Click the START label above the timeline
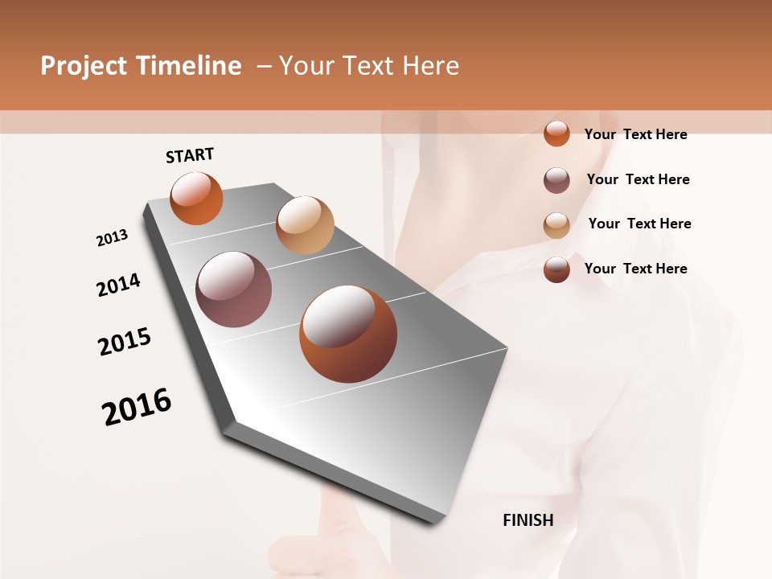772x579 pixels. (x=190, y=155)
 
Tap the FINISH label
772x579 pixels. (x=528, y=520)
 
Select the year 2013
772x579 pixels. (x=112, y=238)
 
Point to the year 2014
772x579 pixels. (x=118, y=285)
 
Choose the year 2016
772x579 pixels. (x=137, y=406)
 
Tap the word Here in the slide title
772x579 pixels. (x=430, y=66)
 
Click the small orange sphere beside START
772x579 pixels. (x=196, y=198)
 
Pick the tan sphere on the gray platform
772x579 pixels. (x=305, y=225)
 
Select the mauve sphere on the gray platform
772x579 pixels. (x=234, y=289)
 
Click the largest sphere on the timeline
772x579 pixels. (x=348, y=334)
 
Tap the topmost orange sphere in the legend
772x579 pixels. (x=556, y=133)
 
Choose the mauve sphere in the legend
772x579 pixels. (x=556, y=180)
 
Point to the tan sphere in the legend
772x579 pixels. (x=556, y=225)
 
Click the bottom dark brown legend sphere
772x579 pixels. (x=556, y=269)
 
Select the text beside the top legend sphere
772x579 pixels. (x=635, y=134)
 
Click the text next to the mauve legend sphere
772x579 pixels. (x=638, y=179)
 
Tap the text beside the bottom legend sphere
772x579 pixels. (x=635, y=269)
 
